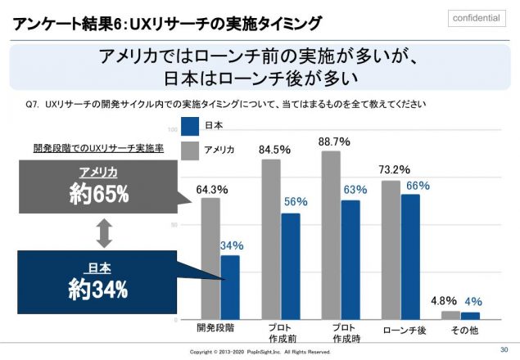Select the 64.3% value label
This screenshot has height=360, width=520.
click(212, 189)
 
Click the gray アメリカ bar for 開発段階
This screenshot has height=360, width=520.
click(210, 258)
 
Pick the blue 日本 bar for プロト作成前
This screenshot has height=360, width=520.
click(290, 266)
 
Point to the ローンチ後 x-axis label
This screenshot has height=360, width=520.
click(400, 331)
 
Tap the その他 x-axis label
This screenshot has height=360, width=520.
click(460, 330)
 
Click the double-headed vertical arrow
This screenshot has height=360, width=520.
click(103, 233)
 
